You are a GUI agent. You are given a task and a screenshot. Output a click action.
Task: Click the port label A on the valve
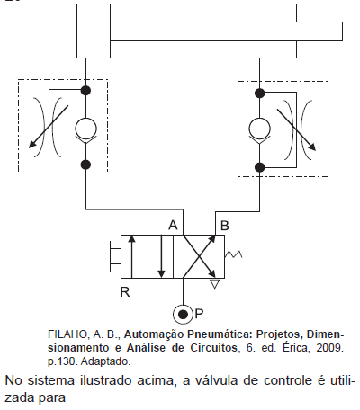tap(173, 225)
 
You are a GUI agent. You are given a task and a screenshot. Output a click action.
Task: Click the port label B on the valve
tap(224, 226)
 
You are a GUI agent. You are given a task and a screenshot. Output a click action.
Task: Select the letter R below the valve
tap(125, 291)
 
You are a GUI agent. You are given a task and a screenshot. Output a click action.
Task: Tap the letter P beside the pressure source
tap(199, 314)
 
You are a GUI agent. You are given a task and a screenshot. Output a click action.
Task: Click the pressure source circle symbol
tap(183, 315)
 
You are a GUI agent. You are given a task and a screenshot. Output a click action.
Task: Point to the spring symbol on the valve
tap(233, 254)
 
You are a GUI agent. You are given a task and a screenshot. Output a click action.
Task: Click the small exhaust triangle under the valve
tap(215, 284)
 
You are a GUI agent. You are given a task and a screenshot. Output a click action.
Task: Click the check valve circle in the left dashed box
tap(85, 129)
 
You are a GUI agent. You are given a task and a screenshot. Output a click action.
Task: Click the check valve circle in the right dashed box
tap(259, 129)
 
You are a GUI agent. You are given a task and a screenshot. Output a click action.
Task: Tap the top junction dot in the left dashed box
tap(85, 90)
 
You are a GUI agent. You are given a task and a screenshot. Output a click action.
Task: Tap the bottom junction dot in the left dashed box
tap(85, 165)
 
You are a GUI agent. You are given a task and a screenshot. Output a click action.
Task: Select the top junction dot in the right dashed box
tap(259, 94)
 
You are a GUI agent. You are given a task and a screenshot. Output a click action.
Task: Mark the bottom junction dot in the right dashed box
tap(259, 167)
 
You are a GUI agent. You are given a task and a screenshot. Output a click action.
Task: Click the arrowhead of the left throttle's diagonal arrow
tap(32, 144)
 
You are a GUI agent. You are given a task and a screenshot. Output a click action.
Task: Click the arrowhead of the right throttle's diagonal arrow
tap(312, 147)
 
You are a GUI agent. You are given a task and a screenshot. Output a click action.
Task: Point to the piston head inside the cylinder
tap(102, 31)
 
